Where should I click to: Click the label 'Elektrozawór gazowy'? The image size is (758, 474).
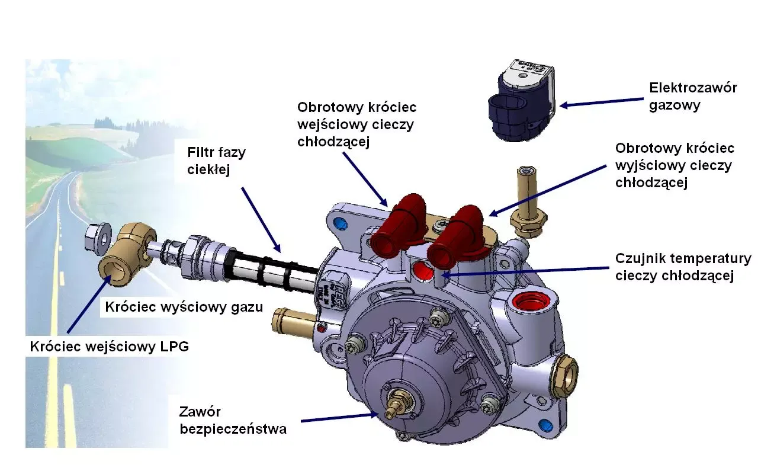(693, 97)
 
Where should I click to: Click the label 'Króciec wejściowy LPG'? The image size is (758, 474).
(110, 347)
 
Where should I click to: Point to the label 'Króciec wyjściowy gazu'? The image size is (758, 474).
(184, 307)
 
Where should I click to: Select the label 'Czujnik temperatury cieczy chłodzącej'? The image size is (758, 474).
(683, 267)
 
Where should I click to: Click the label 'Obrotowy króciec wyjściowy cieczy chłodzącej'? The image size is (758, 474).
(675, 165)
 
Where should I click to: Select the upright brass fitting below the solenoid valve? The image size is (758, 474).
(525, 202)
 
